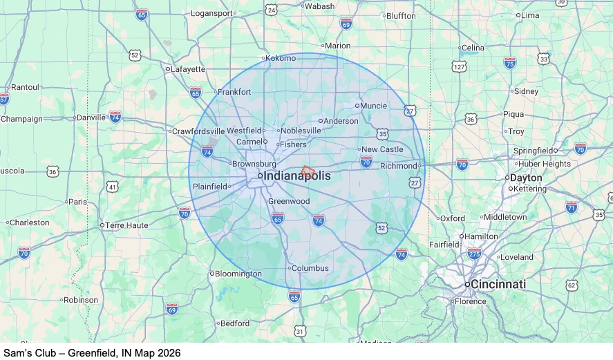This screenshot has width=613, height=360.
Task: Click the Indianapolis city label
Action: (296, 176)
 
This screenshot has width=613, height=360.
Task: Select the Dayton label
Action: (526, 178)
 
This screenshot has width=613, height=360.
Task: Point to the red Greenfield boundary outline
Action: (308, 170)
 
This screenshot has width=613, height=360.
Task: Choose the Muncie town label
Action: (375, 106)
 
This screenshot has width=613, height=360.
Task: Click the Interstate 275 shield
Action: (474, 254)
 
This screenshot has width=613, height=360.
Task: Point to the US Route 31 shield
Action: (299, 332)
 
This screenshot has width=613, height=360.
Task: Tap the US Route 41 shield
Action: (113, 187)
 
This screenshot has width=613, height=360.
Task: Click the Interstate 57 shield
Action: (4, 99)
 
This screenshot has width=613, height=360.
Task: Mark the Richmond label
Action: (399, 166)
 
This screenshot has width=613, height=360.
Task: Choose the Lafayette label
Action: (188, 69)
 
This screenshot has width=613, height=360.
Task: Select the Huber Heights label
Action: (545, 164)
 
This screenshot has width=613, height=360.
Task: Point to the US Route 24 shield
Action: (271, 10)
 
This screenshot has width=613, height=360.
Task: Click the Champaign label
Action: (21, 119)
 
